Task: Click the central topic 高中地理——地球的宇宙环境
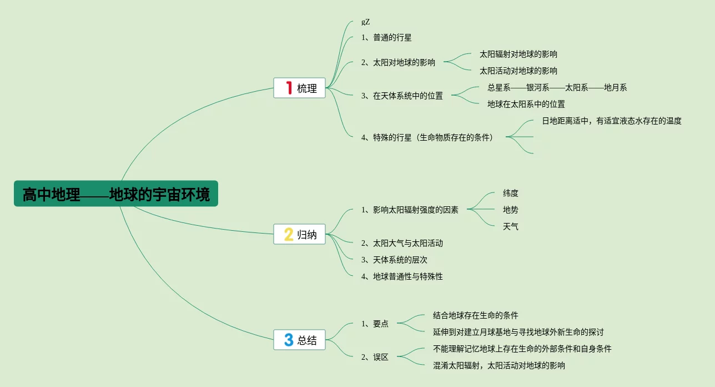[x=116, y=194]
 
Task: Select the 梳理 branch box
[x=300, y=88]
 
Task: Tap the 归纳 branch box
[x=300, y=235]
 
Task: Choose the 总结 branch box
[x=300, y=340]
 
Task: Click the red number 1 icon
[x=288, y=88]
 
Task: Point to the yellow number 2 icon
[x=289, y=235]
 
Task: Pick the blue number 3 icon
[x=289, y=340]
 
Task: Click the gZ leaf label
[x=365, y=22]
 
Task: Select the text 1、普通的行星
[x=386, y=38]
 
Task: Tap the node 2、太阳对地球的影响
[x=398, y=62]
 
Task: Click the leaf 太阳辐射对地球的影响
[x=518, y=54]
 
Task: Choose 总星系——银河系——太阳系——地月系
[x=557, y=87]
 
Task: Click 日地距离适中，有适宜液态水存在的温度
[x=612, y=121]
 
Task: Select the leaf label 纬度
[x=511, y=193]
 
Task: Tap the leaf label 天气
[x=511, y=226]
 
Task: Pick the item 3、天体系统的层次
[x=394, y=260]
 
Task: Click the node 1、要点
[x=375, y=324]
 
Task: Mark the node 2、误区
[x=375, y=357]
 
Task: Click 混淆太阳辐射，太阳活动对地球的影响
[x=499, y=365]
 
